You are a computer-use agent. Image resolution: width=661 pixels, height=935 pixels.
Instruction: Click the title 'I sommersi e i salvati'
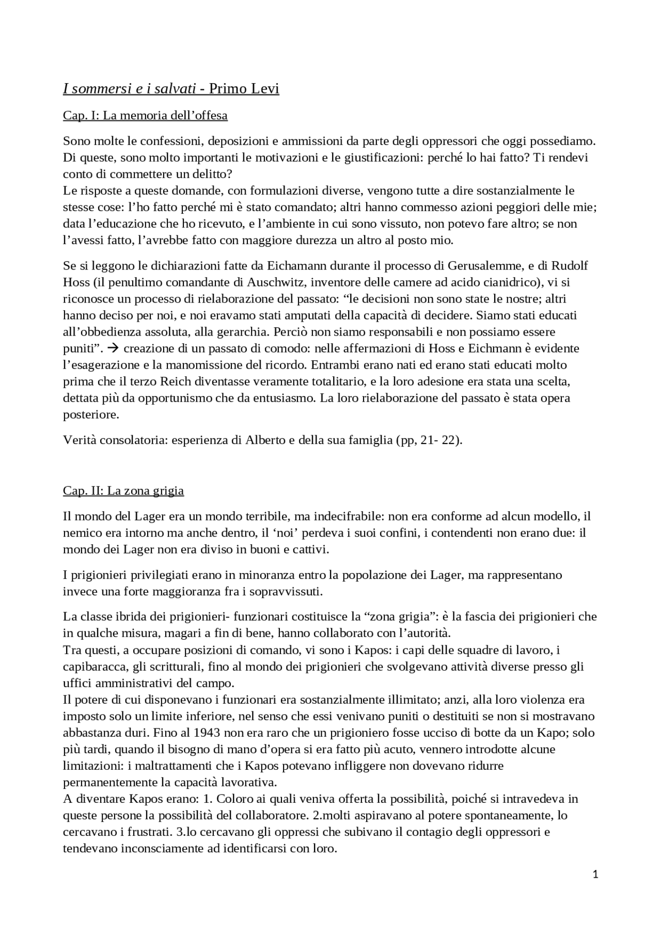point(129,89)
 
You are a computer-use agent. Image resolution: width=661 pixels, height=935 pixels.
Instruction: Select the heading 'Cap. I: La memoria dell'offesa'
point(145,115)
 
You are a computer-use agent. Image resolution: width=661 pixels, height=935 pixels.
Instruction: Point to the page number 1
point(595,874)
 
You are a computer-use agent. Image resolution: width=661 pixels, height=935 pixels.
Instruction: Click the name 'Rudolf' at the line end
point(570,266)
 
